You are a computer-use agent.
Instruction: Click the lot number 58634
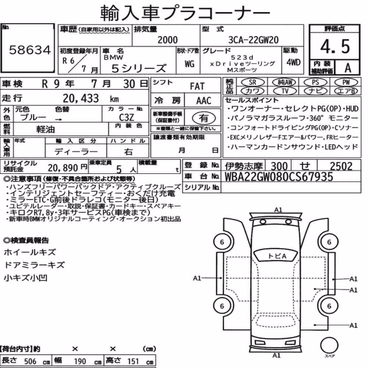30,50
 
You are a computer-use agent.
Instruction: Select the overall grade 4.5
335,46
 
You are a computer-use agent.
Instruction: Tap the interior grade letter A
348,68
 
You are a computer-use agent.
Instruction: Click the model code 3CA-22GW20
253,40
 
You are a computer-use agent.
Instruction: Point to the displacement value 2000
167,40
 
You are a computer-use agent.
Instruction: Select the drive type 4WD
293,62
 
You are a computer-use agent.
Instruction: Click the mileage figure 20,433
81,98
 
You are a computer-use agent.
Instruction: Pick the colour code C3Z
126,117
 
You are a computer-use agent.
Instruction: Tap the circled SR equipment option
252,82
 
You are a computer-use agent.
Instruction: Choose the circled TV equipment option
285,91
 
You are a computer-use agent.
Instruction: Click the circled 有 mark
204,118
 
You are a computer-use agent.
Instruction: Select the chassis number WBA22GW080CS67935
279,177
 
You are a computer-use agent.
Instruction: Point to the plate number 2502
341,166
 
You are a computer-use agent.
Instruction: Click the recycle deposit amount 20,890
63,168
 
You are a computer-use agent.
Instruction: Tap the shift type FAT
197,86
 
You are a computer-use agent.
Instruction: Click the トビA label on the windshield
277,256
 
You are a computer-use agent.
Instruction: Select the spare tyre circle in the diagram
329,345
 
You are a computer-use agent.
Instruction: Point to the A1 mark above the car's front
278,210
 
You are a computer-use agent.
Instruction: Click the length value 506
30,361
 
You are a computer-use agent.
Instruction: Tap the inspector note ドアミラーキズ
34,265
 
